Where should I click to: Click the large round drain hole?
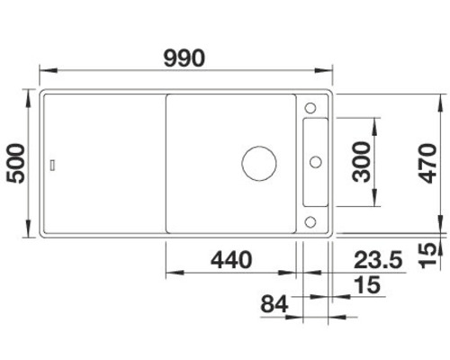[x=258, y=163]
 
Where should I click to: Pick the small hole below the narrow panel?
[x=311, y=221]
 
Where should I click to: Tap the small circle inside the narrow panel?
[x=316, y=163]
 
